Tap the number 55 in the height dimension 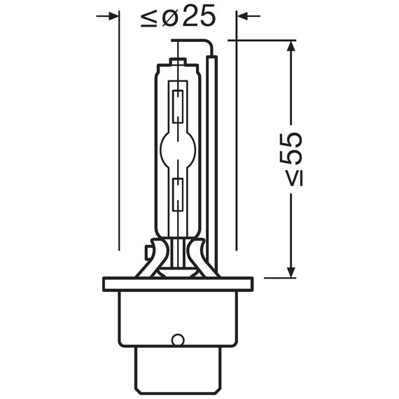pos(294,148)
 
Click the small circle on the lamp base pos(178,340)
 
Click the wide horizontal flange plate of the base pos(178,284)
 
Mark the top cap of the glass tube pos(178,64)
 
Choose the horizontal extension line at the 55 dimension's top pos(266,40)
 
